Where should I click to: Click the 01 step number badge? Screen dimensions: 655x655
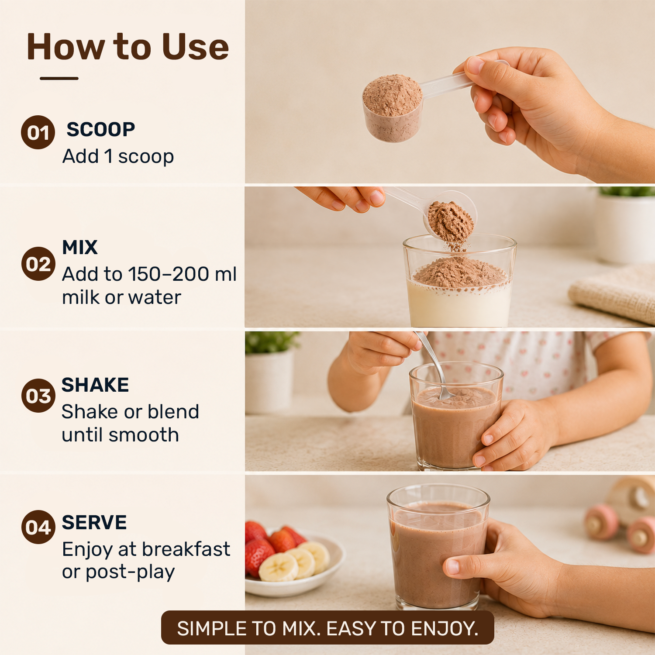[x=38, y=132]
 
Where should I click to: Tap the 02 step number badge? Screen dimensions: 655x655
[x=38, y=264]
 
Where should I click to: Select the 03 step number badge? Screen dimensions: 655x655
[x=38, y=396]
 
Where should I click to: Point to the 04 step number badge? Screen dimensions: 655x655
[x=38, y=527]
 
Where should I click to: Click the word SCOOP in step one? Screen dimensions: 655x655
[x=101, y=130]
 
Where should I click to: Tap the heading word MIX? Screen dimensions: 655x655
[x=80, y=248]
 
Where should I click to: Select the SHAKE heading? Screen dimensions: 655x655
[x=95, y=385]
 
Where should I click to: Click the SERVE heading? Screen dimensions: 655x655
[x=94, y=523]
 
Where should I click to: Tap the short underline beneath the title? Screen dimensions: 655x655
[x=59, y=79]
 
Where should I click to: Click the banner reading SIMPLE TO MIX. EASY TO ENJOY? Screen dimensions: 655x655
[x=327, y=627]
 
